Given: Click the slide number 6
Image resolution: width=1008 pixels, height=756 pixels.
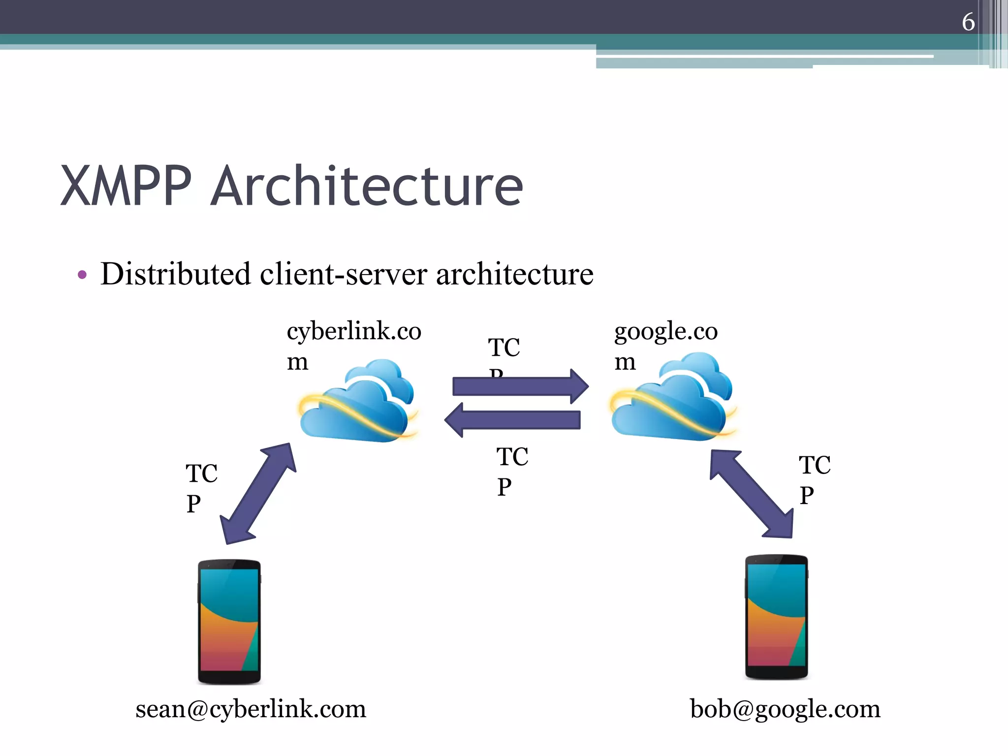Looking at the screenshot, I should point(968,22).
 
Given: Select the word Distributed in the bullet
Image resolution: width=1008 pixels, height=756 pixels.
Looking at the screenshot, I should point(175,274).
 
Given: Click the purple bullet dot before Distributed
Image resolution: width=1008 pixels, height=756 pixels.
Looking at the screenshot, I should point(82,275).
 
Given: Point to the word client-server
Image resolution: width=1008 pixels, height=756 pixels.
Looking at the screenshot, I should point(343,275).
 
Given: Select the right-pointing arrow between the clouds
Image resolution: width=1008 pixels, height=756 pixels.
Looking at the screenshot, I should point(520,386).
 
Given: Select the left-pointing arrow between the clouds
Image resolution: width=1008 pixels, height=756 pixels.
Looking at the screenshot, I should point(513,420).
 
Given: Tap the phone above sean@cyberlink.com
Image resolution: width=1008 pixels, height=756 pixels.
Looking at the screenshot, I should point(229,621).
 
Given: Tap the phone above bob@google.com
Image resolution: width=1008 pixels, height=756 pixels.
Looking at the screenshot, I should point(776,617).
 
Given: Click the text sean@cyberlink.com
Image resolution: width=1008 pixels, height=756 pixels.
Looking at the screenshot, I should point(251,709).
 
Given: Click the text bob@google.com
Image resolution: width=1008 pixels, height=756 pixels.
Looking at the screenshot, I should point(785,709).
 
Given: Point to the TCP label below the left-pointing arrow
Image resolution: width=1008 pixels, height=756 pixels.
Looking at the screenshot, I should point(511,472).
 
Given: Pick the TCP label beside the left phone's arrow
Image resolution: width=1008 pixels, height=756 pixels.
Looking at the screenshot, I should point(201,488).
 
